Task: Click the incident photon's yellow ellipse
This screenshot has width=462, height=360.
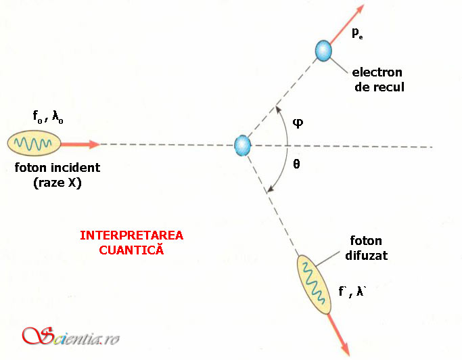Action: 34,143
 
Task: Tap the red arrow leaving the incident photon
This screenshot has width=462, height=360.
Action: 80,144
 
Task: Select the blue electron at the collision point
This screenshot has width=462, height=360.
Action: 242,145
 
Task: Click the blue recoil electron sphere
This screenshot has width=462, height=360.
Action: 323,51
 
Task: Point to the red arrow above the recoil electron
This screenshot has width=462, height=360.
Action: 347,24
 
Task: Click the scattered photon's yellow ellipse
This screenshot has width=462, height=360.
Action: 314,284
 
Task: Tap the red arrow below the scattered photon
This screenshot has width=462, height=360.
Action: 338,335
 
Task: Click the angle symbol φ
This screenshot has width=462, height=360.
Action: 298,122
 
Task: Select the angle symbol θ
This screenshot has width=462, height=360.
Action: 296,164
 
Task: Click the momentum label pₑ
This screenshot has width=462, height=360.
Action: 357,33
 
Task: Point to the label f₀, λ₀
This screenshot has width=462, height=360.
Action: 48,116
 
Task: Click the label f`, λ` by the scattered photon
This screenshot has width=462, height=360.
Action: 352,291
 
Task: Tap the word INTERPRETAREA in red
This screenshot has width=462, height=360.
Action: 132,235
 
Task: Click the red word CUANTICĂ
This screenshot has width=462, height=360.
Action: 131,250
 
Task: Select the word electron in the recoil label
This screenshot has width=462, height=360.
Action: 377,72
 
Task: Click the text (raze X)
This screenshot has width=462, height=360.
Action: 57,183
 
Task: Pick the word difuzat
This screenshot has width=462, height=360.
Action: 366,255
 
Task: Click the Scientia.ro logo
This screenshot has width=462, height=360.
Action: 71,336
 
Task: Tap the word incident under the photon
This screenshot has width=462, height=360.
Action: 76,167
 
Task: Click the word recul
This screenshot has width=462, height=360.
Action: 389,87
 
